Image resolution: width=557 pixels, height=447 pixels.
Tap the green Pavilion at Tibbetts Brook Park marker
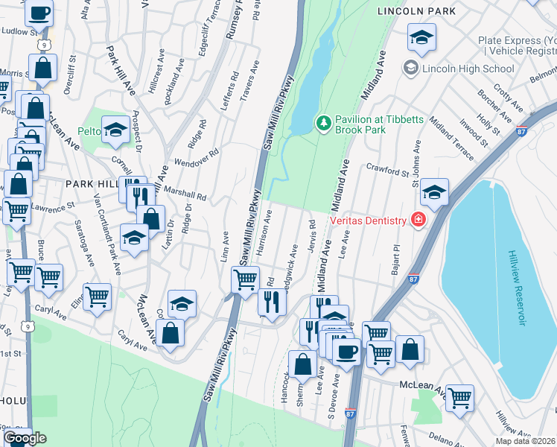(323, 122)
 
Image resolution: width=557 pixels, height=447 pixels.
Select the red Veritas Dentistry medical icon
(418, 220)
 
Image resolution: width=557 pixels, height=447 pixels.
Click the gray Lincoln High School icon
(410, 69)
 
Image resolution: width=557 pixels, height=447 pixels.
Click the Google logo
(25, 438)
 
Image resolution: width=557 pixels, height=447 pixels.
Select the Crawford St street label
(386, 170)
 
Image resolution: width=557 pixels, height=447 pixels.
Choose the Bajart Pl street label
(397, 259)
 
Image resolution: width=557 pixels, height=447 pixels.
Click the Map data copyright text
(525, 441)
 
